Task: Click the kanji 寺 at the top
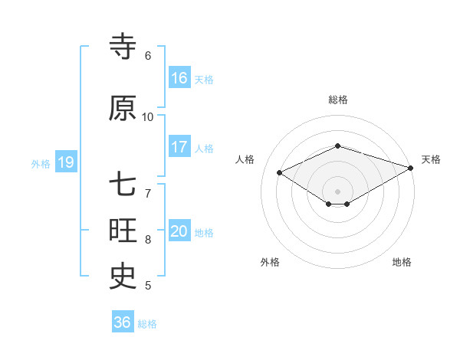123,47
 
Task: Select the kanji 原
123,109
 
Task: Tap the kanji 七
123,185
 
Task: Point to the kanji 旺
123,231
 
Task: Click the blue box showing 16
179,78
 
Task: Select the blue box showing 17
179,147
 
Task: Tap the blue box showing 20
179,231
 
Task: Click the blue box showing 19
65,162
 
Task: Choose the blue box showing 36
123,322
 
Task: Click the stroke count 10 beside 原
148,117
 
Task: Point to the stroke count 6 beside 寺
148,56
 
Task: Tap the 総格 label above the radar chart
338,100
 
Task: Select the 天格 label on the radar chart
432,159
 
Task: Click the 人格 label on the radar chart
245,159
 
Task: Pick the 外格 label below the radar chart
270,263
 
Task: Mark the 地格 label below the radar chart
402,263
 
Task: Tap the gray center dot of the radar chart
337,190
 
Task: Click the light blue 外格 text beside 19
41,163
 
